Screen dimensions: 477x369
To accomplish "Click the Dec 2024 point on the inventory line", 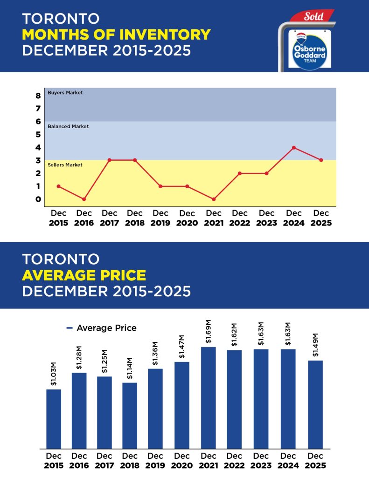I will click(293, 148).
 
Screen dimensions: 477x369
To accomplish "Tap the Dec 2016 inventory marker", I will click(84, 199).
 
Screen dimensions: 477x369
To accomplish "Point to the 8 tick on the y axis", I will click(38, 96).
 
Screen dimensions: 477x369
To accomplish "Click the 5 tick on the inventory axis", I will click(38, 135).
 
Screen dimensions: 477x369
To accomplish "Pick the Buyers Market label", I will click(65, 93).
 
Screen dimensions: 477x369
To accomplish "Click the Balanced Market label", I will click(68, 126).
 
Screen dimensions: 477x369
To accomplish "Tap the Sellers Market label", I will click(65, 165).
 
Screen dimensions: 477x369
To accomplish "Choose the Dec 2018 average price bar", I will click(130, 415).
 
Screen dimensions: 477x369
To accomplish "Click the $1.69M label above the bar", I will click(209, 332).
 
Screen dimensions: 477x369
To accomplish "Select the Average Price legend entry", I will click(102, 328).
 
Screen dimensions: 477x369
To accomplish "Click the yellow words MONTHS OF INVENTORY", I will click(116, 34).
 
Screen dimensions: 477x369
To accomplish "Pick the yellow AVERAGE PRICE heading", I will click(84, 275).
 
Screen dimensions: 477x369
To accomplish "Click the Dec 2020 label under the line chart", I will click(187, 218).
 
